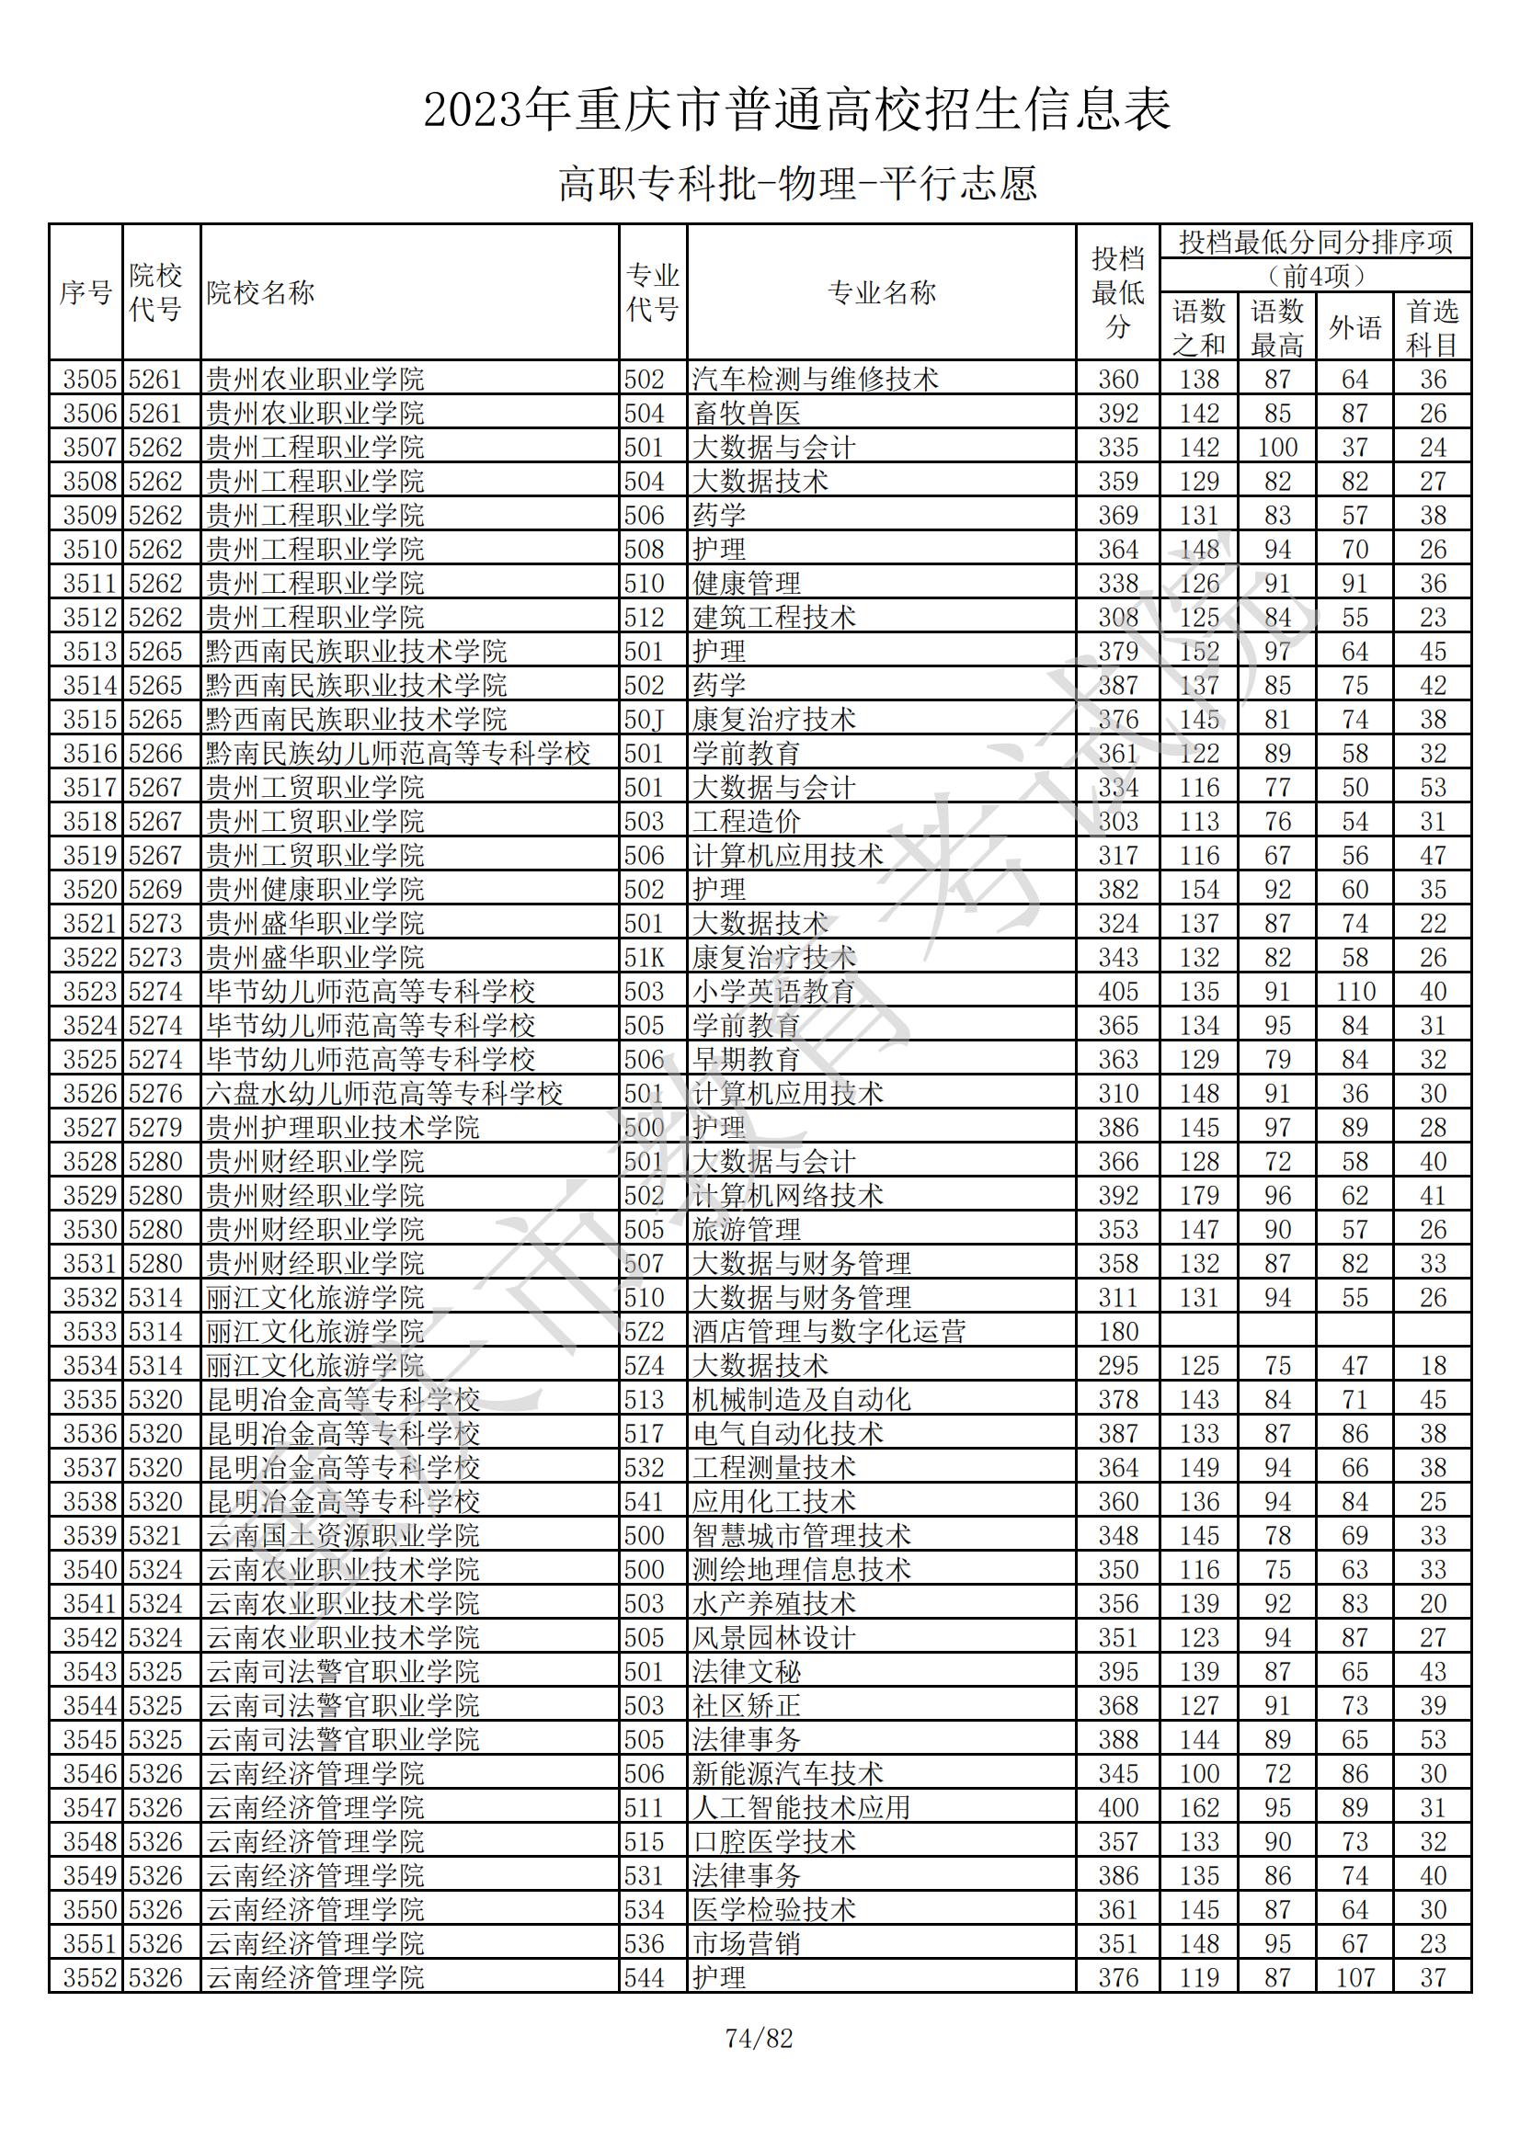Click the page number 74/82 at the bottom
coord(759,2039)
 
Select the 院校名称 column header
coord(260,293)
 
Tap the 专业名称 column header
coord(881,293)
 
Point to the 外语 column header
coord(1355,328)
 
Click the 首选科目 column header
coord(1432,328)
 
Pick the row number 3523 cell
coord(89,992)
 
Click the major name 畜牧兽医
coord(746,414)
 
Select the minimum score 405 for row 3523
coord(1117,992)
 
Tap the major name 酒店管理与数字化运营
coord(828,1332)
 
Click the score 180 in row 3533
coord(1117,1332)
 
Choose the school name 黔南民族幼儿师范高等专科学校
coord(398,754)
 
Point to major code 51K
coord(644,958)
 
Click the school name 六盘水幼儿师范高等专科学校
coord(384,1094)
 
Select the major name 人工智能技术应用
coord(801,1807)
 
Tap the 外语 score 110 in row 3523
coord(1355,992)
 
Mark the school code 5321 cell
coord(155,1536)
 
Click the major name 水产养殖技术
coord(773,1603)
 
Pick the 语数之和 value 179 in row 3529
coord(1199,1196)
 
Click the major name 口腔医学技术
coord(773,1842)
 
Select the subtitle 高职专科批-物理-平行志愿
coord(798,184)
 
